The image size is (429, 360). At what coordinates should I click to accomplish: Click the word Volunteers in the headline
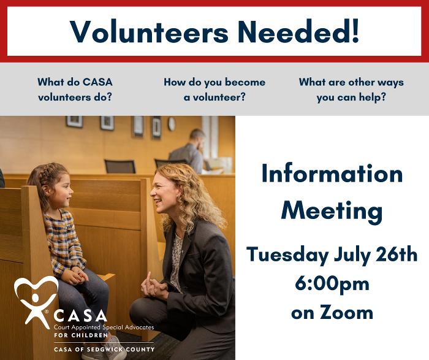pos(149,31)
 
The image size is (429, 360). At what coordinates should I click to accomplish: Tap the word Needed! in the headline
pos(298,31)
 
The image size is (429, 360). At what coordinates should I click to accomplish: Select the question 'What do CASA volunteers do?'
pos(75,90)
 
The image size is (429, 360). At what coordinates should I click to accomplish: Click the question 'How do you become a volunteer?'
pos(214,90)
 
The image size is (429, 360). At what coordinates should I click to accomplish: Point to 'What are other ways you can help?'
pos(351,90)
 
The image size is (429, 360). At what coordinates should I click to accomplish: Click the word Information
pos(332,174)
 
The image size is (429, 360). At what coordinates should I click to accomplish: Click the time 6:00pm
pos(332,284)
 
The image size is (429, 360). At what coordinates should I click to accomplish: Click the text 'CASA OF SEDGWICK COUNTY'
pos(104,350)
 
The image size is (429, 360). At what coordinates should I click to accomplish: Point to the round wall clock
pos(172,124)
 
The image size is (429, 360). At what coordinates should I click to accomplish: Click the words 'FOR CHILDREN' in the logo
pos(81,335)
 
